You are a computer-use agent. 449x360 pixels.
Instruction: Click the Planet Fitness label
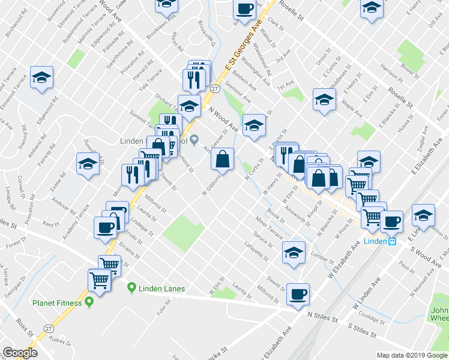click(57, 303)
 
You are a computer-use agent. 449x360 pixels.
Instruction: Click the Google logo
click(20, 353)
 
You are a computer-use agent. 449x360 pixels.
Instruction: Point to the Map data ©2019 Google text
click(411, 355)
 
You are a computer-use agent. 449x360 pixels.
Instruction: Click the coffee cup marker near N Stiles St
click(298, 293)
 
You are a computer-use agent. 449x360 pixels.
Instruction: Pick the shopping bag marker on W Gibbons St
click(222, 159)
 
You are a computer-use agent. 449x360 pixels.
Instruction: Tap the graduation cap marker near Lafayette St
click(294, 252)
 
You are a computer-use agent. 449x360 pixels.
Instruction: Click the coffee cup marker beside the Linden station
click(392, 221)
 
